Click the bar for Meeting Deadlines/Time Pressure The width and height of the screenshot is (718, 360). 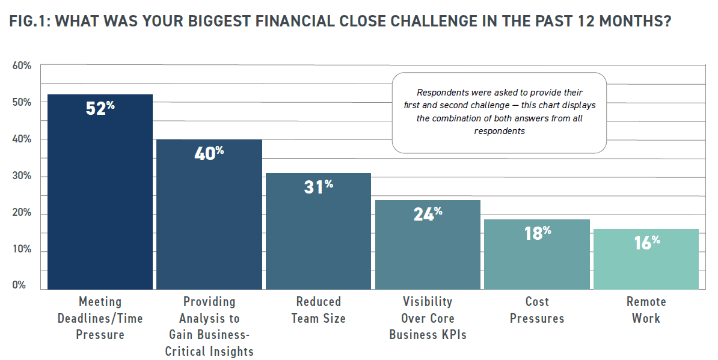click(x=100, y=192)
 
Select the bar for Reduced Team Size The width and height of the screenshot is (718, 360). click(x=319, y=231)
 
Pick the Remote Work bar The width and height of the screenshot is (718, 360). click(x=646, y=259)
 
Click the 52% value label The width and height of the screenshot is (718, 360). click(x=100, y=109)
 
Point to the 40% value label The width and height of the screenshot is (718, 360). click(x=209, y=153)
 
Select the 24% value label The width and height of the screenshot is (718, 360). click(x=428, y=213)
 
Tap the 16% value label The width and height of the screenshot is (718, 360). click(x=646, y=243)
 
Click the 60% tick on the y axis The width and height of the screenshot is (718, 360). click(x=22, y=66)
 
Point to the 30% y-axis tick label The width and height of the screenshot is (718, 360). click(x=22, y=177)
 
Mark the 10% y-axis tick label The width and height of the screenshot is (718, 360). click(x=22, y=251)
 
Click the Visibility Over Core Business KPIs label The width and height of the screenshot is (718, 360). click(x=428, y=318)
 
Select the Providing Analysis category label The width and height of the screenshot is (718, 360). click(x=209, y=326)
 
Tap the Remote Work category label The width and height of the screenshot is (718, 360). click(x=646, y=310)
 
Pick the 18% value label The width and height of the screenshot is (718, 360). click(x=537, y=233)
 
